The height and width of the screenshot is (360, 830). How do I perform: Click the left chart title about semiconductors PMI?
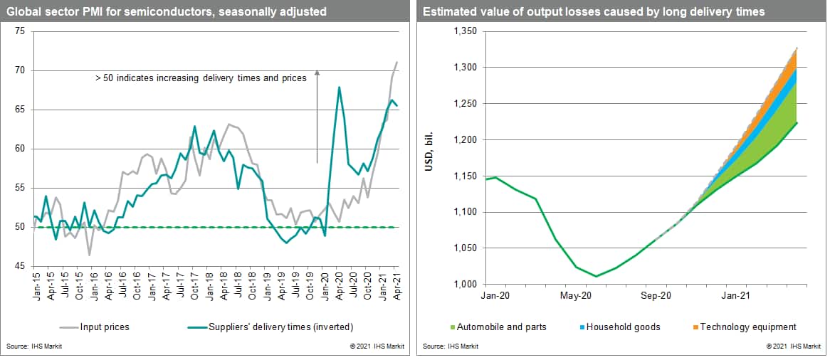(x=164, y=11)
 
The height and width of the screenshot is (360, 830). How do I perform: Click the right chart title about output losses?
(x=594, y=11)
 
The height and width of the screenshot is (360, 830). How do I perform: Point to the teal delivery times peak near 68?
(x=340, y=88)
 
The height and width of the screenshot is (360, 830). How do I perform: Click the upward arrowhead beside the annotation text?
(x=317, y=71)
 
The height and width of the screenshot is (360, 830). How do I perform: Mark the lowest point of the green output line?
(x=596, y=276)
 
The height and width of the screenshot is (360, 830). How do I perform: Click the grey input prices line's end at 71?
(x=396, y=63)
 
